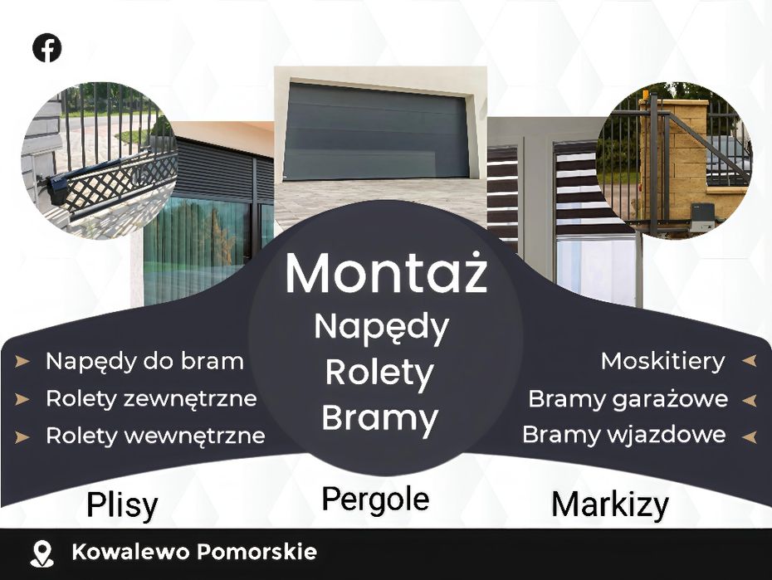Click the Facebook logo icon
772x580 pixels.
46,48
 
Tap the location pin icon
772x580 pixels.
42,554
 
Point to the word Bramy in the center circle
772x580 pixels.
379,419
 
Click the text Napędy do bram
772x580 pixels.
144,362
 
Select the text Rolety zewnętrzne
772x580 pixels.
151,399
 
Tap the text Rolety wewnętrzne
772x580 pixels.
155,436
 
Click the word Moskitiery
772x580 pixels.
662,362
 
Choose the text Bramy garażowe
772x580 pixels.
628,399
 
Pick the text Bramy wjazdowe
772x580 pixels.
623,435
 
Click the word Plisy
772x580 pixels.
122,504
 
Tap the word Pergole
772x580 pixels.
375,500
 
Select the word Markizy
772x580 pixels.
610,505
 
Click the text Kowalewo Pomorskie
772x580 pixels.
194,552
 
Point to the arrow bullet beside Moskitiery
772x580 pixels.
749,361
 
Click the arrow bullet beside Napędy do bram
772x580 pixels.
22,362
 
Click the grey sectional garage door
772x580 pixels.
377,131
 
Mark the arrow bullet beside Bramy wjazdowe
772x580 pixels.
749,436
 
